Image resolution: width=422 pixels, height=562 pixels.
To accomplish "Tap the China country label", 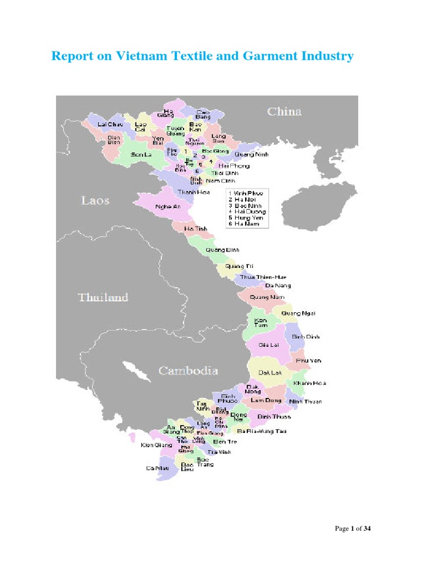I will (x=284, y=111).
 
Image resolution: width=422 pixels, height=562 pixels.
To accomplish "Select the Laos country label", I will (x=96, y=200).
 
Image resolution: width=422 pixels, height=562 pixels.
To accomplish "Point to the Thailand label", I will (x=103, y=297).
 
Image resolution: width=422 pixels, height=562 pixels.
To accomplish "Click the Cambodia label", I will (x=188, y=370).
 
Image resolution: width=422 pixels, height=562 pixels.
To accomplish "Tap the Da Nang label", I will (x=277, y=286).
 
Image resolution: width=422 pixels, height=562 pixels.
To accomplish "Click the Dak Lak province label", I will (x=270, y=372).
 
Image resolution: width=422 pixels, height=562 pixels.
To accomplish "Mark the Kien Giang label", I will (x=153, y=445).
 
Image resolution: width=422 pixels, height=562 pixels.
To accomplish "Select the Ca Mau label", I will (x=157, y=468).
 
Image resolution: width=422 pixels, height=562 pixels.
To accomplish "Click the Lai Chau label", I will (x=110, y=125).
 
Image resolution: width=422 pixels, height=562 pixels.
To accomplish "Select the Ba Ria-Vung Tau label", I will (x=262, y=431).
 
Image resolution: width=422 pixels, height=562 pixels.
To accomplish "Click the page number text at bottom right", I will (x=353, y=529).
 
